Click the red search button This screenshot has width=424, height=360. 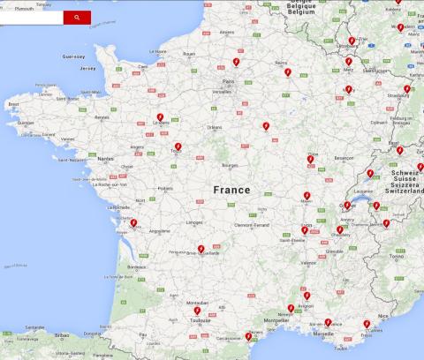76,18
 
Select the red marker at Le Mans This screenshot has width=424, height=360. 160,117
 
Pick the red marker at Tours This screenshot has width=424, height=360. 178,146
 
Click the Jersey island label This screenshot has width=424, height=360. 87,68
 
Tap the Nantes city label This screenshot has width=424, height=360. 106,159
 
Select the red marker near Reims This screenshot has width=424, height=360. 287,72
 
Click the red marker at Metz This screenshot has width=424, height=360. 348,62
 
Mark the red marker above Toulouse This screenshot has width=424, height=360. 197,311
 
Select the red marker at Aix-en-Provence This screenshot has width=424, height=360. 328,323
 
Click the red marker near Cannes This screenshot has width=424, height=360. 367,325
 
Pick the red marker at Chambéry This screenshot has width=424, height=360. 339,230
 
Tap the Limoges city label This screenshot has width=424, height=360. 195,222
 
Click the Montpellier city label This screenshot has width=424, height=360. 276,320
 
